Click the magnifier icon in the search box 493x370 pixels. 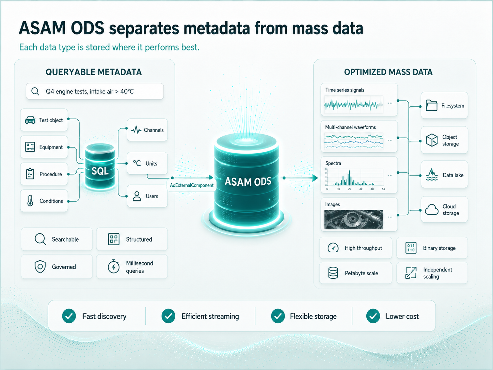coord(35,91)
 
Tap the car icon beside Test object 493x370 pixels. coord(30,120)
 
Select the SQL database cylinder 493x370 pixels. coord(100,167)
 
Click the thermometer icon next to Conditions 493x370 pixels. coord(30,201)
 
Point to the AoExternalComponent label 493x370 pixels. coord(192,185)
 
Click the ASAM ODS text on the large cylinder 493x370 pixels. coord(248,182)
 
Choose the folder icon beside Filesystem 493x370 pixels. coord(431,105)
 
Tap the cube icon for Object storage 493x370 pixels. coord(432,140)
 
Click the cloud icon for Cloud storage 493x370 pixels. coord(431,210)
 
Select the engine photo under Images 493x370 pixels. coord(354,219)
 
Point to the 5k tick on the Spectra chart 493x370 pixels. coord(383,189)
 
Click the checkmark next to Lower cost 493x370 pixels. coord(373,316)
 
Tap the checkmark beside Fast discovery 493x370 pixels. coord(69,316)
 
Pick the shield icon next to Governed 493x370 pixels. coord(40,267)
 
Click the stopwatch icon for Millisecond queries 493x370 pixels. coord(114,266)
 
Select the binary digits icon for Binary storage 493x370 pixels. coord(411,248)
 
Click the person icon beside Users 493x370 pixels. coord(137,196)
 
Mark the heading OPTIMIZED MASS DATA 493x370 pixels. coord(388,72)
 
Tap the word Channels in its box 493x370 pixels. coord(154,130)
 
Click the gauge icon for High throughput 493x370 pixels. coord(333,248)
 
